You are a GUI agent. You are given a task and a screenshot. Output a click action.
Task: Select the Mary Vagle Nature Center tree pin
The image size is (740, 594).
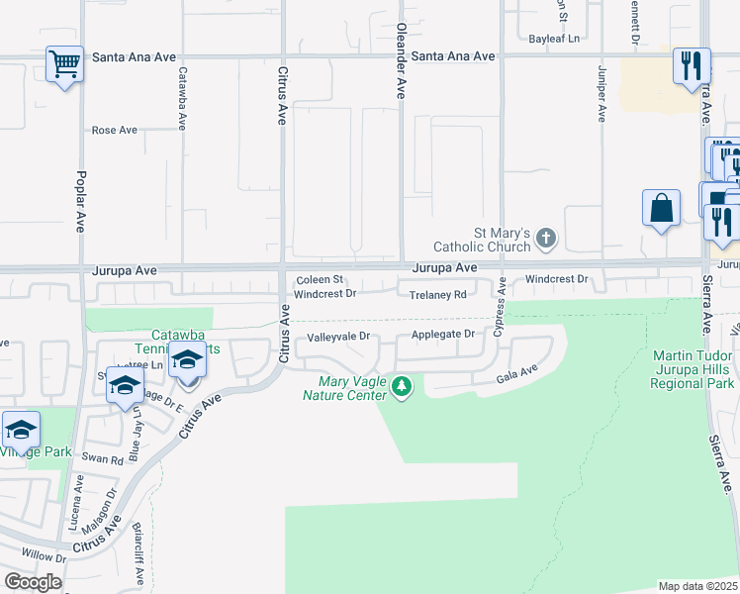(401, 384)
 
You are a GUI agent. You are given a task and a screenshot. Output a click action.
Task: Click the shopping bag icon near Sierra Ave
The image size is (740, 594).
(661, 209)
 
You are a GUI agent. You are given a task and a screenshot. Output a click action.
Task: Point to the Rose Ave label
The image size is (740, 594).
(114, 130)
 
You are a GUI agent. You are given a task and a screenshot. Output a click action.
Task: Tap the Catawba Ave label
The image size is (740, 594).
(182, 99)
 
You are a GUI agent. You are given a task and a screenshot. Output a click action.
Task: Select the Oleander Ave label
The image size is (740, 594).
(401, 61)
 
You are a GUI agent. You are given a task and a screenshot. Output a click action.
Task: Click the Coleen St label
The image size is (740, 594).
(320, 280)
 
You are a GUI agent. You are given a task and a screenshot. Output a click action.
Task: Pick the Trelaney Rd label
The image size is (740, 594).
(438, 295)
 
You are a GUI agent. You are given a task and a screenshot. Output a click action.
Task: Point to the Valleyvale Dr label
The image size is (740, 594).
(338, 337)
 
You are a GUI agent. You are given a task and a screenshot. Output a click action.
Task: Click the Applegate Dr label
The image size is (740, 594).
(442, 335)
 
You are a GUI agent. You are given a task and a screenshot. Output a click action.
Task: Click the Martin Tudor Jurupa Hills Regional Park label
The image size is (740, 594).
(694, 369)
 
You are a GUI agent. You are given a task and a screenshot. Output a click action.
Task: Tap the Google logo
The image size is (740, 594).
(33, 581)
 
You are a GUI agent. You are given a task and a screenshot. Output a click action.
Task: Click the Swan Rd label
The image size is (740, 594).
(102, 459)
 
